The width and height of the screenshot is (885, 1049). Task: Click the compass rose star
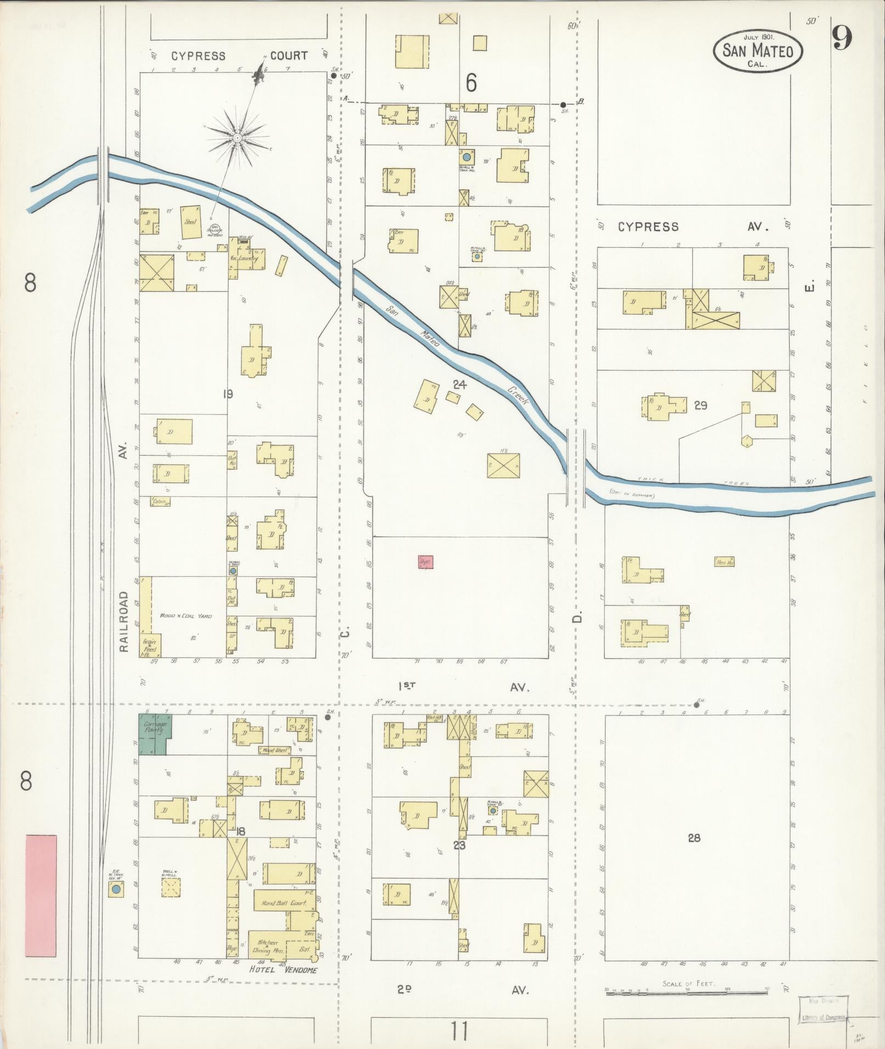tap(237, 137)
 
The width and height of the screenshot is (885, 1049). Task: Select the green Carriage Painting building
tap(154, 734)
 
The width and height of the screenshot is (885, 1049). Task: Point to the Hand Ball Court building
tap(283, 903)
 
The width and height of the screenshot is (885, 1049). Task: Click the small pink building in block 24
tap(425, 562)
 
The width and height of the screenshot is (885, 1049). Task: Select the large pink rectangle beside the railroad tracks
tap(41, 895)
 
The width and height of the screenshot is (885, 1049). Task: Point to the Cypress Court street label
tap(239, 56)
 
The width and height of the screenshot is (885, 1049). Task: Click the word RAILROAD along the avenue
tap(123, 621)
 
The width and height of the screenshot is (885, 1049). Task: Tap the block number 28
tap(694, 838)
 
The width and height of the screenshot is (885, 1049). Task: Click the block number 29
tap(700, 406)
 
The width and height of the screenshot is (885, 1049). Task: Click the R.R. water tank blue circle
tap(115, 889)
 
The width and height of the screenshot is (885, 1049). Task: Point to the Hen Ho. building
tap(724, 562)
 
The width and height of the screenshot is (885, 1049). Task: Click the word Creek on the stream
tap(517, 396)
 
